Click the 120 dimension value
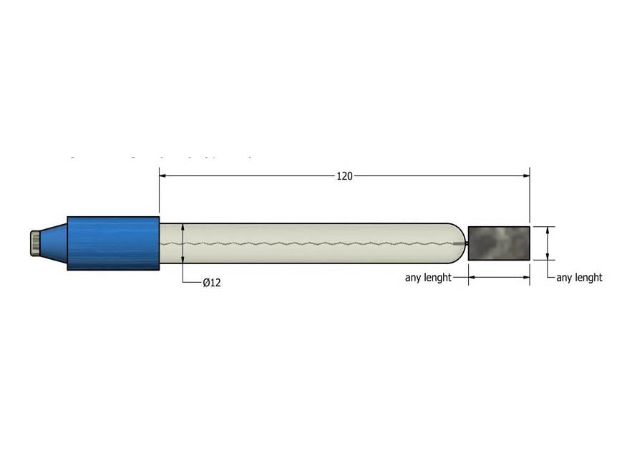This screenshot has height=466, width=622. pyautogui.click(x=344, y=176)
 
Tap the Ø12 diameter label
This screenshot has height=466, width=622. pyautogui.click(x=212, y=283)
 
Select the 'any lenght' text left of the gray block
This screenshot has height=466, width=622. pyautogui.click(x=428, y=278)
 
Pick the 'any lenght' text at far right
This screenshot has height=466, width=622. pyautogui.click(x=579, y=278)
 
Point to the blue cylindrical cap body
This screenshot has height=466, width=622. pyautogui.click(x=113, y=243)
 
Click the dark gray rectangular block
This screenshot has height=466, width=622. pyautogui.click(x=498, y=243)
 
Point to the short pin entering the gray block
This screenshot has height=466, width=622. pyautogui.click(x=462, y=243)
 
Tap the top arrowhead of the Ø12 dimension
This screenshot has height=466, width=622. pyautogui.click(x=183, y=227)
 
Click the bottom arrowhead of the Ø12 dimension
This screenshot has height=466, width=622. pyautogui.click(x=183, y=260)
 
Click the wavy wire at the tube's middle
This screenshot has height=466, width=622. pyautogui.click(x=308, y=243)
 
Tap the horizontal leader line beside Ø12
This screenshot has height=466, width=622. pyautogui.click(x=192, y=283)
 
